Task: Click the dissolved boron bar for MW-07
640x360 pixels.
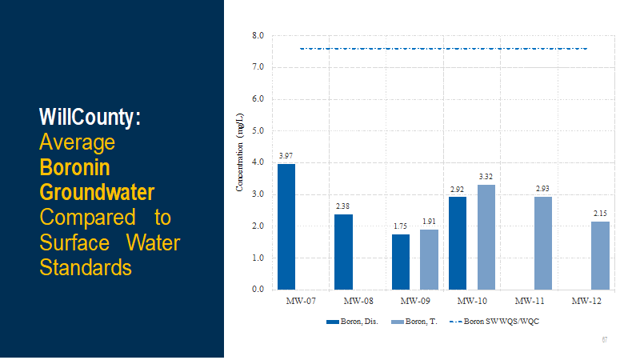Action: [x=286, y=226]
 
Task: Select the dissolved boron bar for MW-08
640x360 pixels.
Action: [x=343, y=251]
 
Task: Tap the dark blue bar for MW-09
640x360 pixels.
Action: [x=401, y=262]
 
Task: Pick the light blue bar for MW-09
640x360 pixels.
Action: [x=429, y=259]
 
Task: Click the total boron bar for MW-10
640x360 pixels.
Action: [x=486, y=237]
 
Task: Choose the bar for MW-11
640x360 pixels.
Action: [x=543, y=242]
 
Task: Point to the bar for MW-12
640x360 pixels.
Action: [x=601, y=255]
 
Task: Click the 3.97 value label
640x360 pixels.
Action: [x=286, y=155]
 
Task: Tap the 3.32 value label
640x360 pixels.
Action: [x=486, y=176]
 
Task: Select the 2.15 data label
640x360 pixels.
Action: [x=601, y=213]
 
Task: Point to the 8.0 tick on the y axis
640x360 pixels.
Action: [x=258, y=36]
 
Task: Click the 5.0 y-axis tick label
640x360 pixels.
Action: [x=258, y=131]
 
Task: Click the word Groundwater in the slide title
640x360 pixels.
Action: [x=97, y=193]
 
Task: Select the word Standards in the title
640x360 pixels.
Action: [x=86, y=266]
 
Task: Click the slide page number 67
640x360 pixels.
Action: [x=605, y=340]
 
